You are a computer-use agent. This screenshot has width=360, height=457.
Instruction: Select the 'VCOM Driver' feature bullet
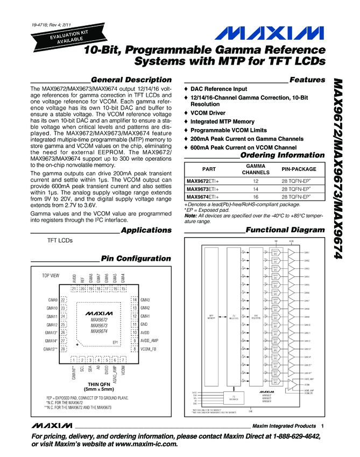[x=210, y=113]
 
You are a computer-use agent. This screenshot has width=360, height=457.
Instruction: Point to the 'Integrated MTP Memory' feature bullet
[x=223, y=122]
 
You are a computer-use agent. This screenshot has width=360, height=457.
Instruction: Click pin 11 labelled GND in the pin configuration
[x=134, y=324]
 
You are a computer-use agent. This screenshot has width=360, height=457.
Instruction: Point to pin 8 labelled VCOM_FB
[x=134, y=349]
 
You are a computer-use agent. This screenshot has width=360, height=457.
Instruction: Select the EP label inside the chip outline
[x=115, y=342]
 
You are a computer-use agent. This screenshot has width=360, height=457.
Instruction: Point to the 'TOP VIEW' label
[x=51, y=275]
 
